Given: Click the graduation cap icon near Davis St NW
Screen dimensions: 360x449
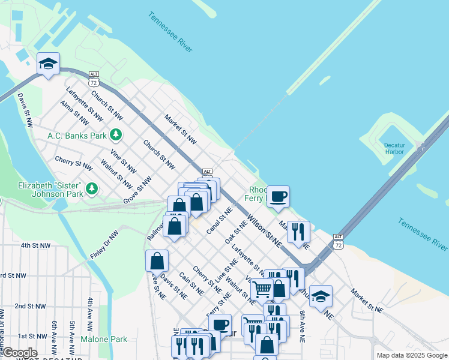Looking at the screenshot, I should tap(48, 63).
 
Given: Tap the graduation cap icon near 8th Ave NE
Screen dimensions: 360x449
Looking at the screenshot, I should tap(321, 296).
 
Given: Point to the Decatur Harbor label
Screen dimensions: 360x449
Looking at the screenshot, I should tap(394, 148).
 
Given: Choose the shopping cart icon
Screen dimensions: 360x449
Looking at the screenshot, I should tap(262, 289).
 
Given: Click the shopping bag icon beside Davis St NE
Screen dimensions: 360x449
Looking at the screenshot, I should tap(157, 260).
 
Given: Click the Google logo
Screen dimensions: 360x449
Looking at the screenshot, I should tap(19, 353).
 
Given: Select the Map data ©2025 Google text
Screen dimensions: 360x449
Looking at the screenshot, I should tap(411, 355).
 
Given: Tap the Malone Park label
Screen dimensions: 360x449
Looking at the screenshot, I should tap(104, 339).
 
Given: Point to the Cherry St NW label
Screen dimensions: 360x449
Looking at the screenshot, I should tap(73, 162).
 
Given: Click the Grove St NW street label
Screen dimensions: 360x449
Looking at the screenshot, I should tap(138, 190).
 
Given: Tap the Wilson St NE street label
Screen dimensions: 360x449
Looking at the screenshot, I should tap(264, 232).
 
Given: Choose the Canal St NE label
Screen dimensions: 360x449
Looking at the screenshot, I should tap(219, 221).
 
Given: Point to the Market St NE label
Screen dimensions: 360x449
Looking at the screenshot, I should tap(367, 301).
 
